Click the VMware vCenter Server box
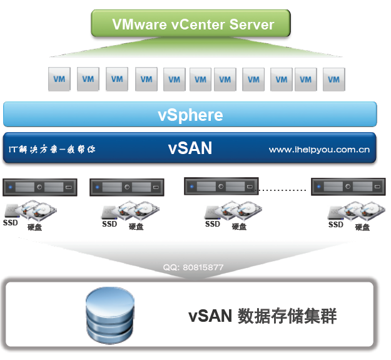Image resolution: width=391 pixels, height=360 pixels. click(193, 24)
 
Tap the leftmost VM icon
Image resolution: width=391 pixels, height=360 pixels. click(59, 80)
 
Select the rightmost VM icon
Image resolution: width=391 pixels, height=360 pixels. click(333, 80)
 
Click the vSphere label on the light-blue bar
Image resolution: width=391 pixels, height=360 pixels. click(190, 115)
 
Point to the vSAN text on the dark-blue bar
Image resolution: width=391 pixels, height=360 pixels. click(190, 148)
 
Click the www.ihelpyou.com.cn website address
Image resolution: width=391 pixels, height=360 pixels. click(319, 150)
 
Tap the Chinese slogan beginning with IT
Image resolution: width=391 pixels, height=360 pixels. click(52, 150)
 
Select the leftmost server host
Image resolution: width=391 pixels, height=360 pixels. click(39, 187)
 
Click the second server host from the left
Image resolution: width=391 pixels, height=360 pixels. click(126, 187)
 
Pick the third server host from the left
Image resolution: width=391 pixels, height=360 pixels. click(221, 186)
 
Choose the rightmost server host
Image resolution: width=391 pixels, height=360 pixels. click(348, 186)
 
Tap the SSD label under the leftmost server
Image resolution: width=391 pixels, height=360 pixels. click(10, 222)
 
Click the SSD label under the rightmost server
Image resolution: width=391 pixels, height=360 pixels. click(336, 224)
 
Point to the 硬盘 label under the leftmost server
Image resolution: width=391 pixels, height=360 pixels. click(35, 227)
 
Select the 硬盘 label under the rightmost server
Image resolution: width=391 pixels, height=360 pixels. click(363, 227)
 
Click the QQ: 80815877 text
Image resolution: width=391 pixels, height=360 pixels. click(193, 267)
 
